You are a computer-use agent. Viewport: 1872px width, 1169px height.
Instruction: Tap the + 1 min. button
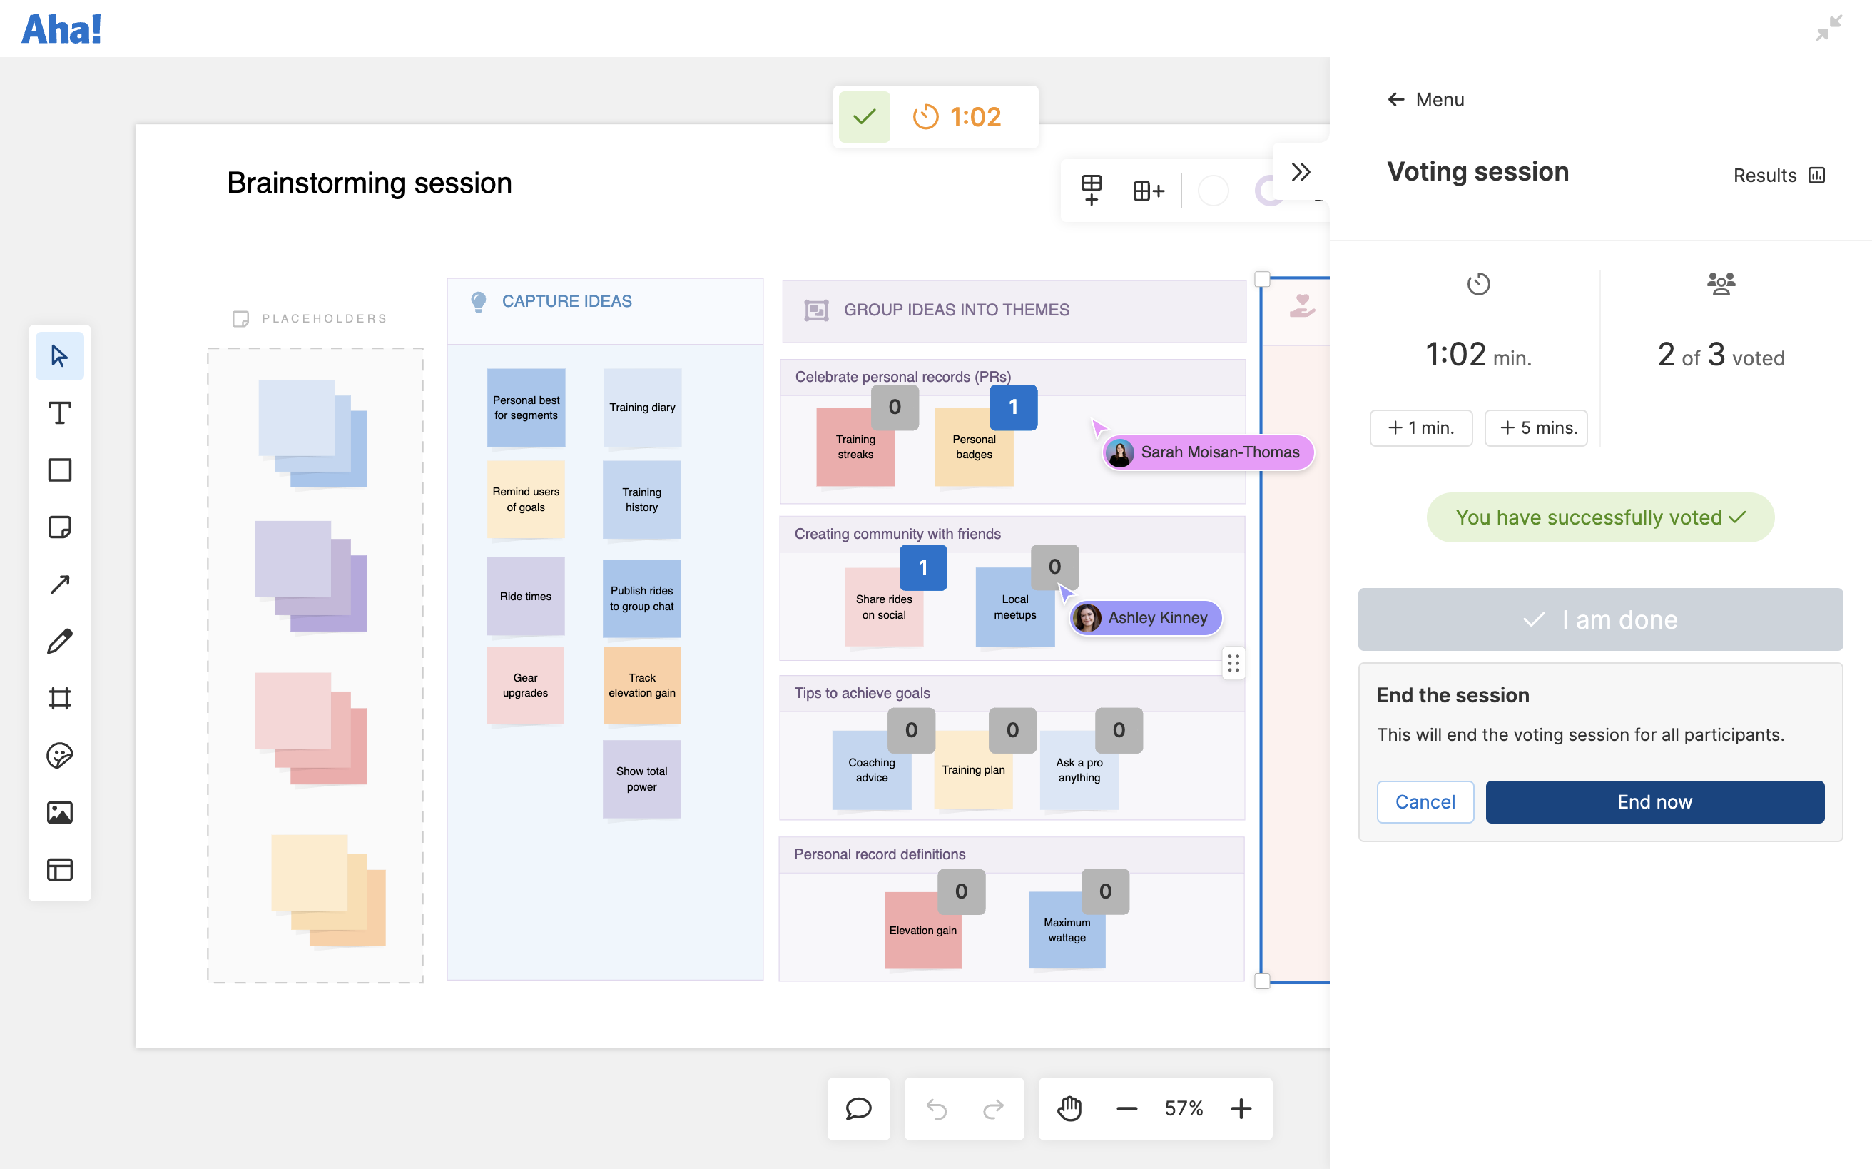coord(1420,427)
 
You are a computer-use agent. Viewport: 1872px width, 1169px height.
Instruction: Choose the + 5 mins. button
coord(1536,427)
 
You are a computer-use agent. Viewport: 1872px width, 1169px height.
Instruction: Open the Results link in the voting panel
coord(1778,176)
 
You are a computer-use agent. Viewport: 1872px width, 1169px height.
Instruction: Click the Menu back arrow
coord(1396,100)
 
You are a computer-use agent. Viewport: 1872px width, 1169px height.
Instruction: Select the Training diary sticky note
coord(641,408)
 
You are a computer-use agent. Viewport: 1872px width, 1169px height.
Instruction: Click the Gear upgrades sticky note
coord(525,685)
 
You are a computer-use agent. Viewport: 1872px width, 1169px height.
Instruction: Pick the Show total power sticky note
coord(641,779)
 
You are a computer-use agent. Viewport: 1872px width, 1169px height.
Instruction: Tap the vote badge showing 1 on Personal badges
coord(1012,408)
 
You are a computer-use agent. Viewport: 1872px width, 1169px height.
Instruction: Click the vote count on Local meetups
coord(1054,567)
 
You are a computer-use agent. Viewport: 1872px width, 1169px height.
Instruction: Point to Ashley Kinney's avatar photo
coord(1087,618)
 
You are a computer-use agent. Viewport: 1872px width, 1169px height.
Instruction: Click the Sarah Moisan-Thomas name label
coord(1220,452)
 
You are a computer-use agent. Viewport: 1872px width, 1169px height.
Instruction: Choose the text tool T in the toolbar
coord(59,413)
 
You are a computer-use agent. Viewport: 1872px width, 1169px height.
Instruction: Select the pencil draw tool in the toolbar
coord(59,641)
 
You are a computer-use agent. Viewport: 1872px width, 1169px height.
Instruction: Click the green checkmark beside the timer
coord(864,117)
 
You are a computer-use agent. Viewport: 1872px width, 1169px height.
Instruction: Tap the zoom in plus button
coord(1241,1109)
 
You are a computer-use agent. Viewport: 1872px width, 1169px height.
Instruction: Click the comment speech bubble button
coord(858,1109)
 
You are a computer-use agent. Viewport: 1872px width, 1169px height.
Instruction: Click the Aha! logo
coord(61,29)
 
